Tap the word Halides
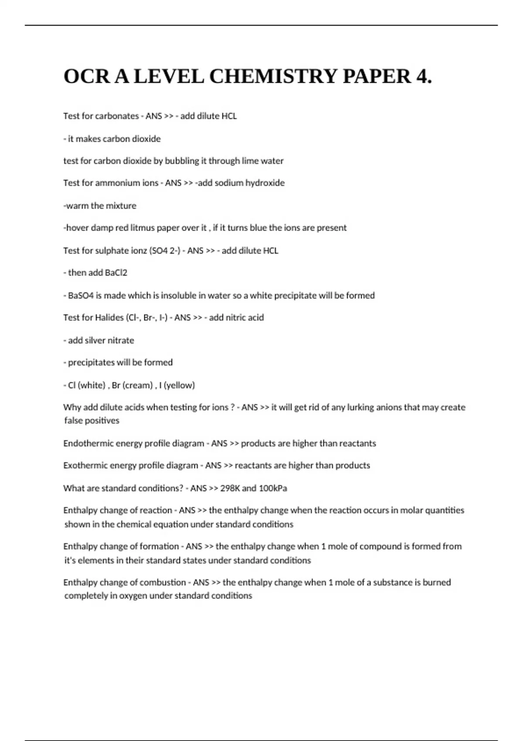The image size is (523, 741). coord(109,318)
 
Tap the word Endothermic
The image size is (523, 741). coord(85,444)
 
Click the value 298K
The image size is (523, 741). coord(230,488)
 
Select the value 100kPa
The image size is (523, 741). coord(273,488)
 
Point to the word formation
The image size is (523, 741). coord(158,547)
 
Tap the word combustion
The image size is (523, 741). coord(162,583)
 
